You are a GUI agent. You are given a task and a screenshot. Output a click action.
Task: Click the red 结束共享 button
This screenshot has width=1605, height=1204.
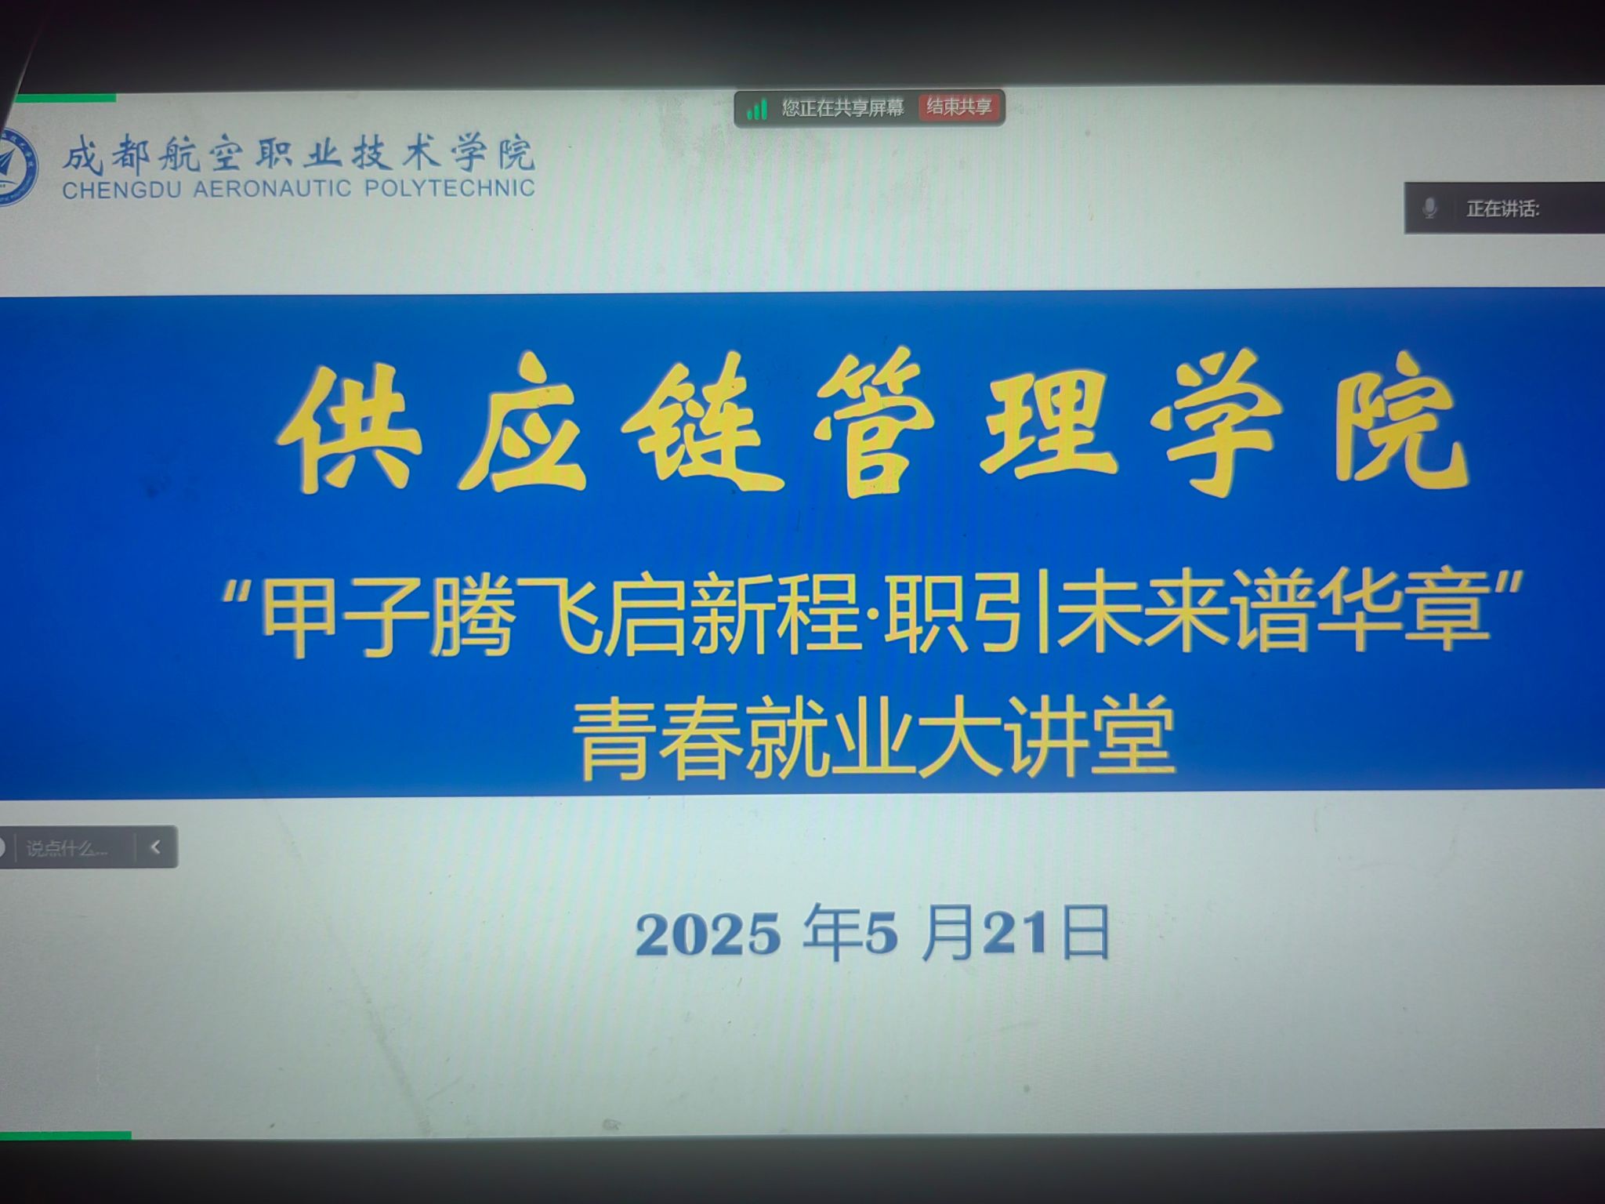pos(958,107)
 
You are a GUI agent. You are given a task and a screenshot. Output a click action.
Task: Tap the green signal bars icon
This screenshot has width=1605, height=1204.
pos(756,109)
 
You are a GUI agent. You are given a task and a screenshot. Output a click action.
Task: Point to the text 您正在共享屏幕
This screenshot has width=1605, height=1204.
pos(842,108)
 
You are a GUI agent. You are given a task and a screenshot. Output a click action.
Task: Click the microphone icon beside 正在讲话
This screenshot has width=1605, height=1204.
pos(1429,209)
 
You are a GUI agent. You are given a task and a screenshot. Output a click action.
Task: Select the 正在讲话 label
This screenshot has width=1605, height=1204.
pos(1502,209)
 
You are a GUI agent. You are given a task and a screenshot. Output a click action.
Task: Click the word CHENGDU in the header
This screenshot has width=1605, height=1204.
pos(121,190)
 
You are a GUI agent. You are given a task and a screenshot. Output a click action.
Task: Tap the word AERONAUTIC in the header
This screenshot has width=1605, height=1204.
pos(272,189)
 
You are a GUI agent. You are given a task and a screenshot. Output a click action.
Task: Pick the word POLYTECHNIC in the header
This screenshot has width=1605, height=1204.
pos(449,188)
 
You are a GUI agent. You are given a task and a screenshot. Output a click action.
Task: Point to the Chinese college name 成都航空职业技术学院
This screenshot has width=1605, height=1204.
pos(299,153)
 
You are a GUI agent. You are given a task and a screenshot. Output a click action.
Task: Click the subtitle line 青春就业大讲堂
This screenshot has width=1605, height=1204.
pos(874,738)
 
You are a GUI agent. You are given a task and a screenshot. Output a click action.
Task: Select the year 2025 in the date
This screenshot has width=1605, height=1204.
pos(708,935)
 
